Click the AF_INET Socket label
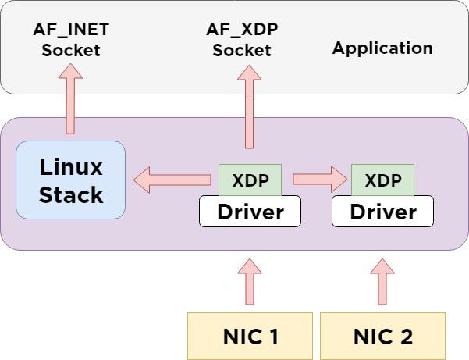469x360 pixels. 71,39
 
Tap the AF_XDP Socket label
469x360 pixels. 242,39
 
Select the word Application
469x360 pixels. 382,48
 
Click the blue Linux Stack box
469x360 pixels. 70,180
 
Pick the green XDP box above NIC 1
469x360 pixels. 250,180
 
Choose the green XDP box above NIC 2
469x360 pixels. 383,180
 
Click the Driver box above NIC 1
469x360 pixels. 250,212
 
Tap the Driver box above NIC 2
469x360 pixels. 383,212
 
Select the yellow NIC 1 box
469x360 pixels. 250,336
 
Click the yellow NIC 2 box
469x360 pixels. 383,336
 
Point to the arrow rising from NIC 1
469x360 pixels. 250,282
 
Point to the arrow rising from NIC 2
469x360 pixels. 382,282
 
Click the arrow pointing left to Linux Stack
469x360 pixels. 172,180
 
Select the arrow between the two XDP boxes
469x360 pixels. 320,180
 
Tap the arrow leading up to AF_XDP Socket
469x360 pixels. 249,107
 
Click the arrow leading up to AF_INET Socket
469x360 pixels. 70,98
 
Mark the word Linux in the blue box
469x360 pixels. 71,167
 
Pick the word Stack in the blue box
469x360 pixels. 71,194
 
